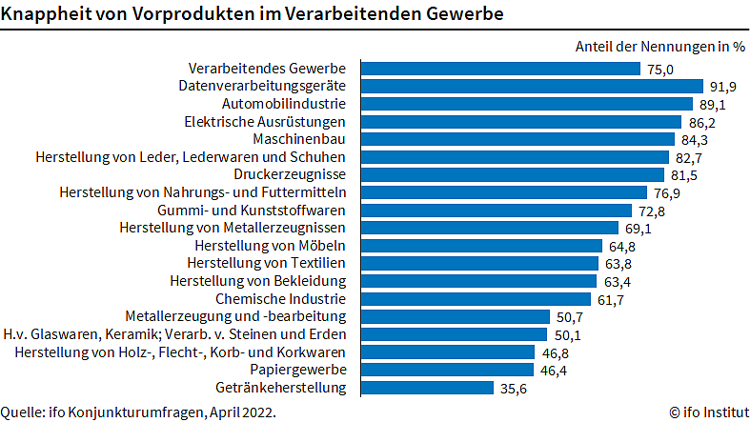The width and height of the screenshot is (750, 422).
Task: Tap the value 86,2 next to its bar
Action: [x=700, y=122]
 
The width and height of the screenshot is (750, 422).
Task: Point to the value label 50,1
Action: [x=566, y=334]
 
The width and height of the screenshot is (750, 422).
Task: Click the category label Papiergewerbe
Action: [x=299, y=370]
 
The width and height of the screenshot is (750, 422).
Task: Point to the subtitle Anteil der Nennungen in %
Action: [x=659, y=46]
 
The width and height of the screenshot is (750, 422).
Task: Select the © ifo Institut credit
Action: [x=706, y=412]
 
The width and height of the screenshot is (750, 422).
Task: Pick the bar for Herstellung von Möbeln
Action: [x=480, y=246]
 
